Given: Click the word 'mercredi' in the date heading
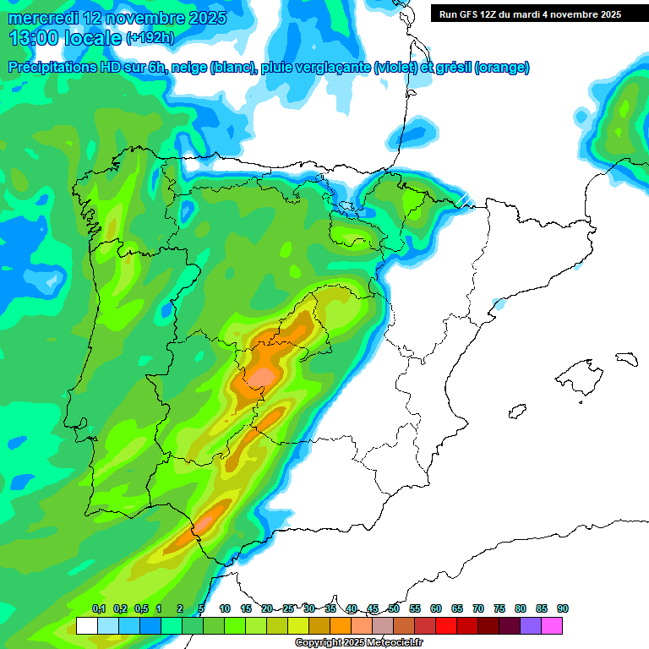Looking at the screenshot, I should [42, 17].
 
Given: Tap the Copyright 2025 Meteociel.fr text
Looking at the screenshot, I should [358, 643].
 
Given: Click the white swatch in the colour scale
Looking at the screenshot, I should [86, 626].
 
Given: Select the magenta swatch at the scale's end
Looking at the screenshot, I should [552, 626].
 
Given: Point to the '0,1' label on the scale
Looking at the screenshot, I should [99, 608].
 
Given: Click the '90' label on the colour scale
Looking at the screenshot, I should [563, 608].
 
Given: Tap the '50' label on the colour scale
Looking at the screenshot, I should [394, 608].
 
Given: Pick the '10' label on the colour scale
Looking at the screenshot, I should [225, 608].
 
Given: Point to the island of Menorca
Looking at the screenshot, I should [626, 358].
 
